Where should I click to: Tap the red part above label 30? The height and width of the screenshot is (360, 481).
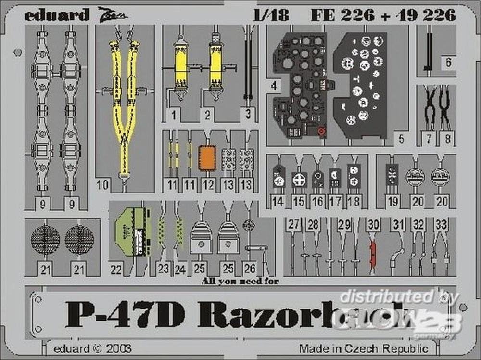click(371, 253)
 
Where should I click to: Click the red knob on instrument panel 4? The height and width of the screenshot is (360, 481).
click(321, 130)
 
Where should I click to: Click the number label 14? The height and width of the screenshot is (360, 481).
click(278, 202)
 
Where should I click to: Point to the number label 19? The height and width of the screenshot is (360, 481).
click(392, 202)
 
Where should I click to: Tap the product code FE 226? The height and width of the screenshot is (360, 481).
click(342, 15)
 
